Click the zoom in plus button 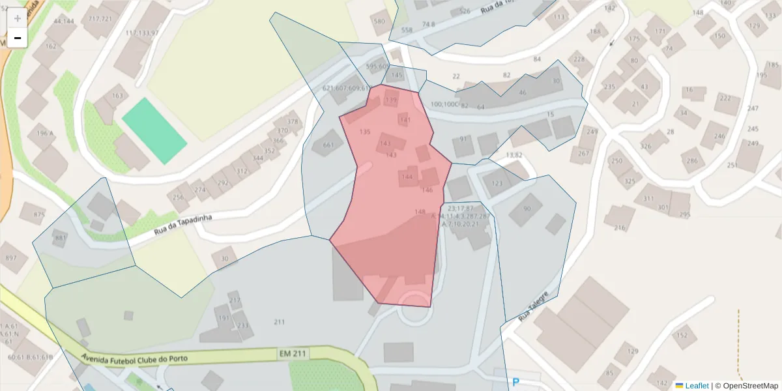18,18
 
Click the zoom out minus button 18,38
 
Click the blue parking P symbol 517,383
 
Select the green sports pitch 154,131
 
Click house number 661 328,145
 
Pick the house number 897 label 11,258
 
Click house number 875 39,214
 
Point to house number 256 178,197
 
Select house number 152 682,336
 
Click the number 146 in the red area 427,190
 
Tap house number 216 619,227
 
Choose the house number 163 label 117,96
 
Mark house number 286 692,160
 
